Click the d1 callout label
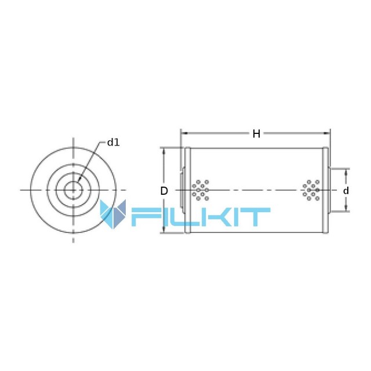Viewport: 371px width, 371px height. click(114, 143)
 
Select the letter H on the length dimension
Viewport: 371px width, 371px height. click(256, 134)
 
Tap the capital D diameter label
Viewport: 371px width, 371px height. click(164, 191)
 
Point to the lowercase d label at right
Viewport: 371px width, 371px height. click(346, 191)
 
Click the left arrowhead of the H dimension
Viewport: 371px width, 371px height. click(184, 133)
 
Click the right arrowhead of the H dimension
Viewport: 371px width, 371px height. click(327, 133)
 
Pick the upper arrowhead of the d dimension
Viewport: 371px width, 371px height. click(346, 172)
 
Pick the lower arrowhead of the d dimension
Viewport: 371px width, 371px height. click(346, 208)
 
